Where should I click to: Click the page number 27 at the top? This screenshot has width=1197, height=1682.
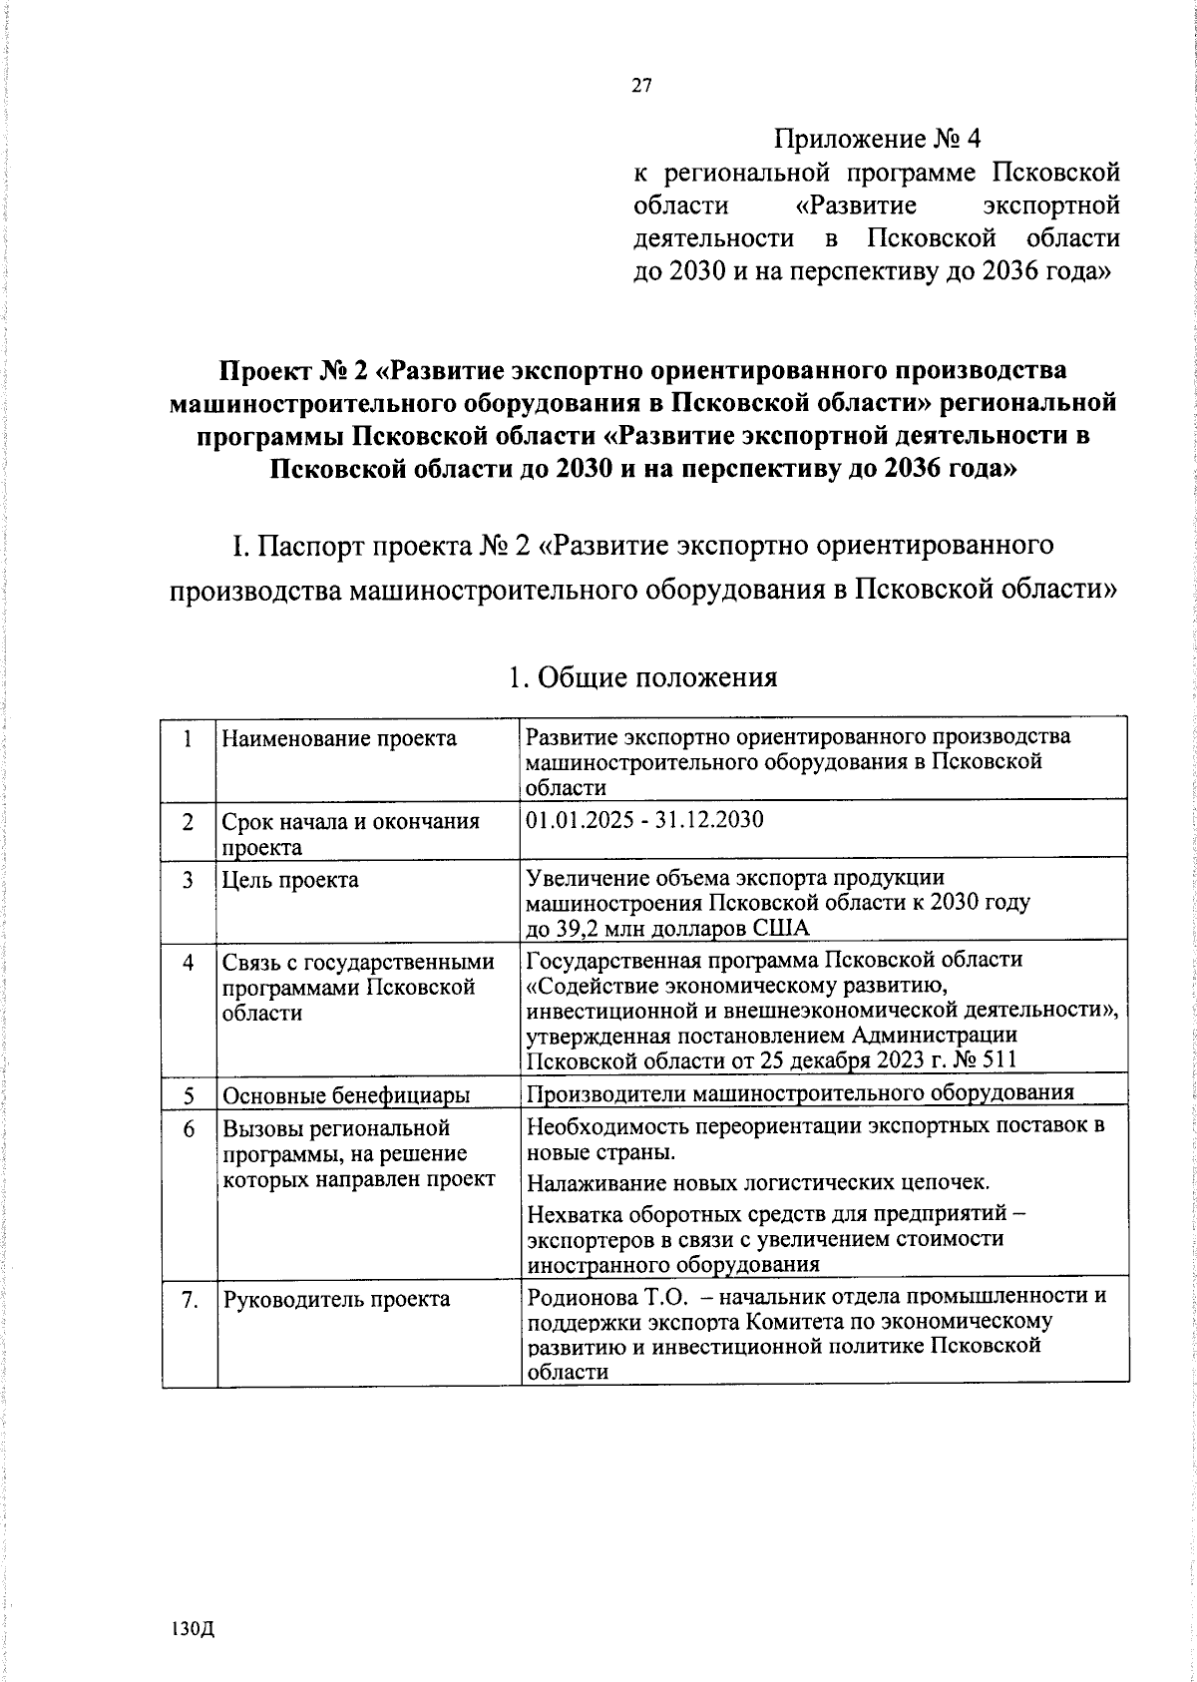pyautogui.click(x=640, y=86)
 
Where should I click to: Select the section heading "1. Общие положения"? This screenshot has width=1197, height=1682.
pyautogui.click(x=642, y=677)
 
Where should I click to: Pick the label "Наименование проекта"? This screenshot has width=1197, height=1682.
pyautogui.click(x=339, y=738)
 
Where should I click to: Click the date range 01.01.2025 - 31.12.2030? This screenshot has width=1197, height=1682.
pyautogui.click(x=644, y=820)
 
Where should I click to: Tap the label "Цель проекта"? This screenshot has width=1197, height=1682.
pyautogui.click(x=290, y=880)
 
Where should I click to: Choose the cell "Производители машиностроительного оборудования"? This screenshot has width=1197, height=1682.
pyautogui.click(x=800, y=1091)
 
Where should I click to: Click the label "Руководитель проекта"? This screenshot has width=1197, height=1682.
pyautogui.click(x=336, y=1299)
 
